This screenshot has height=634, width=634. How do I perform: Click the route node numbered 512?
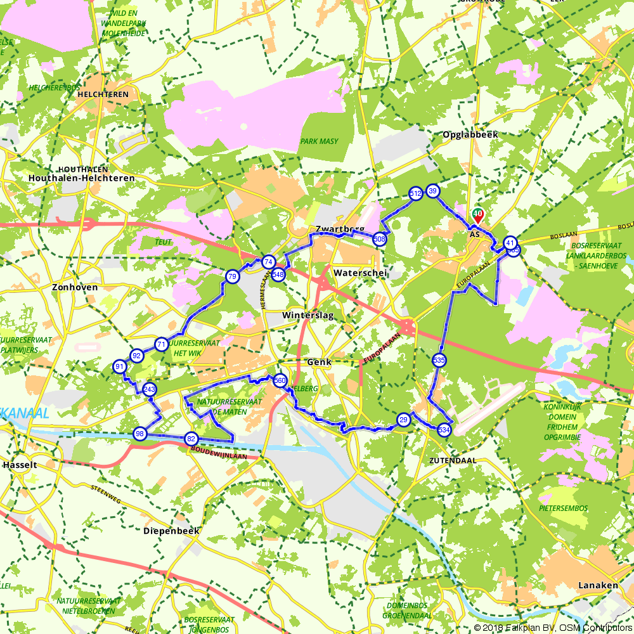point(416,194)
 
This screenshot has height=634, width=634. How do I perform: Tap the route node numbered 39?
point(433,191)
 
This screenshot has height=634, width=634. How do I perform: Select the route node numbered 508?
point(380,239)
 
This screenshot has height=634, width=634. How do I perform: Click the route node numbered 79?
point(232,276)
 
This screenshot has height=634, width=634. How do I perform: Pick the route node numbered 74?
point(269,262)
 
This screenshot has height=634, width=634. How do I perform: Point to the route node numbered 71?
point(162,345)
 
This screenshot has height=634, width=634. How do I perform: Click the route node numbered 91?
point(120,366)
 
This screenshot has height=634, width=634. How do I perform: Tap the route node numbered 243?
point(150,389)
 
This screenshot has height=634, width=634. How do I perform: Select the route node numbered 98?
point(140,434)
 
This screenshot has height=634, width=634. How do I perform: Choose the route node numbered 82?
point(191,439)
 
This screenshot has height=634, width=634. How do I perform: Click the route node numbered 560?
point(280,381)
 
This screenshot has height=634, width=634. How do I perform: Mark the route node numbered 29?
point(403,420)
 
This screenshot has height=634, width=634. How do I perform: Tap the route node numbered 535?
point(439,360)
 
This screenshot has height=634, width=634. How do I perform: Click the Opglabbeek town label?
point(470,135)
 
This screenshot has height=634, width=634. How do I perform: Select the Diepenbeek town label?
point(171,531)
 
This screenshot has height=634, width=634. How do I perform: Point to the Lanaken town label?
point(598,585)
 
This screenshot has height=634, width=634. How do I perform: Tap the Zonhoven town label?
point(75,287)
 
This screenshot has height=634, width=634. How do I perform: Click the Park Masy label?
point(319,141)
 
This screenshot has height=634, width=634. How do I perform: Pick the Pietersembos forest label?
point(563,508)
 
